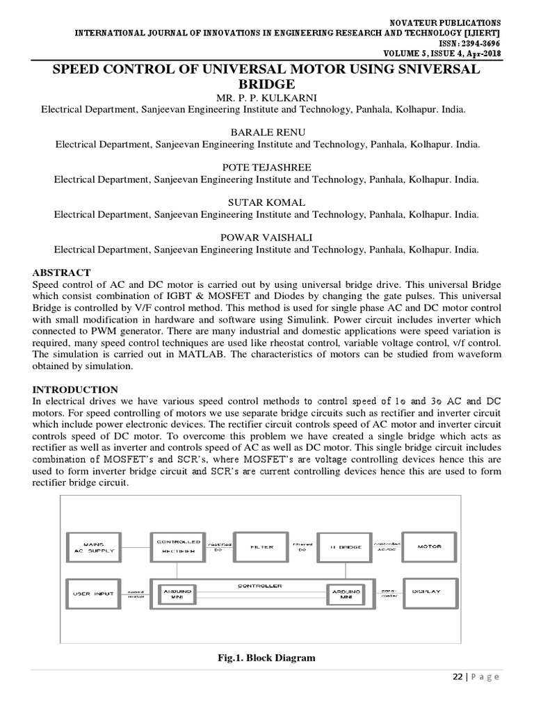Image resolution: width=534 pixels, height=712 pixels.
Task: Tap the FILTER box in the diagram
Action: pyautogui.click(x=262, y=548)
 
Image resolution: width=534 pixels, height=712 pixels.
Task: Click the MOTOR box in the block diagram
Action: pyautogui.click(x=429, y=548)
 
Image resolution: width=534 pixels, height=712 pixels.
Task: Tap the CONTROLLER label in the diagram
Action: pyautogui.click(x=261, y=585)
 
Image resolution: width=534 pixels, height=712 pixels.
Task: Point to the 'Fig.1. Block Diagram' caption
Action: pyautogui.click(x=266, y=657)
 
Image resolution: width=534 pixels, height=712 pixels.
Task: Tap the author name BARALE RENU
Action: pyautogui.click(x=266, y=132)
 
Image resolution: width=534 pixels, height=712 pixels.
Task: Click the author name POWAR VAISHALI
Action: pyautogui.click(x=266, y=237)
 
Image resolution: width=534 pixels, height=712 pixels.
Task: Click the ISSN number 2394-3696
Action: pyautogui.click(x=471, y=42)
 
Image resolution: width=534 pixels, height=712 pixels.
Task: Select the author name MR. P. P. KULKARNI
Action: pyautogui.click(x=266, y=96)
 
